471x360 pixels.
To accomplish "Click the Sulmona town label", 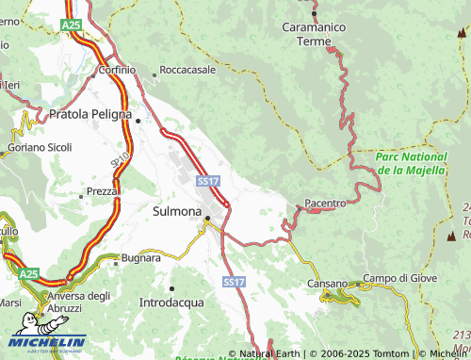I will [x=177, y=211].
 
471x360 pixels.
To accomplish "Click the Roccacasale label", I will [x=187, y=70].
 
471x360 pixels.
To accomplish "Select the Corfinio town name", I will [x=119, y=70].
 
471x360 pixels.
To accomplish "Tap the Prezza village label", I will [x=102, y=190].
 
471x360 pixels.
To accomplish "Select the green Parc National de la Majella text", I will [x=411, y=164].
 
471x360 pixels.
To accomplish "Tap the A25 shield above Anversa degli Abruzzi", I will [x=30, y=273].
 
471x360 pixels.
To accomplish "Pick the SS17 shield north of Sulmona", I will [x=208, y=180].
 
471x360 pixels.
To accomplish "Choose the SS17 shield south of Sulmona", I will [x=234, y=282].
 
